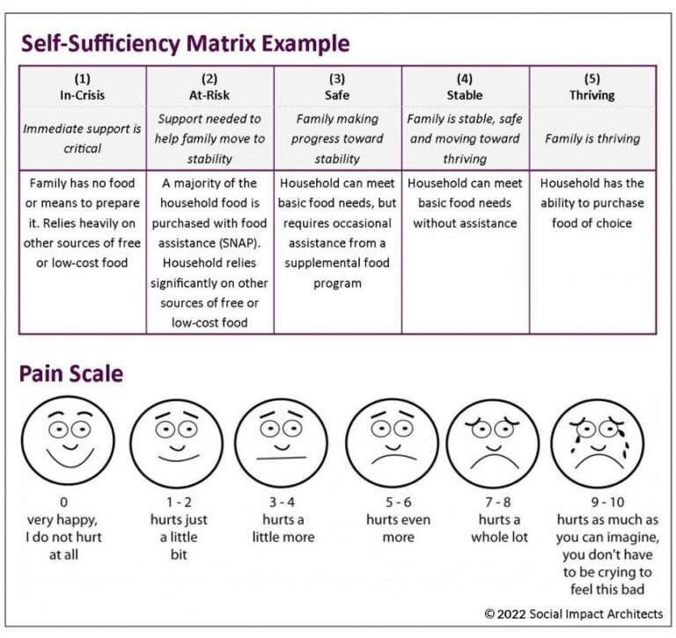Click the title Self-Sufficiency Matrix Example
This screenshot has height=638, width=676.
point(185,44)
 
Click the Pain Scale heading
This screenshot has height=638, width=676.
point(70,373)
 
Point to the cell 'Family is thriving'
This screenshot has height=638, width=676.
point(592,138)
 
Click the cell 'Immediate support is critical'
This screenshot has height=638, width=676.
point(83,138)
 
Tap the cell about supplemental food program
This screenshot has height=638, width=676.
point(338,233)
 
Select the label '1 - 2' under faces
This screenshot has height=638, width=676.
point(172,503)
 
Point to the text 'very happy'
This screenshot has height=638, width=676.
point(62,520)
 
